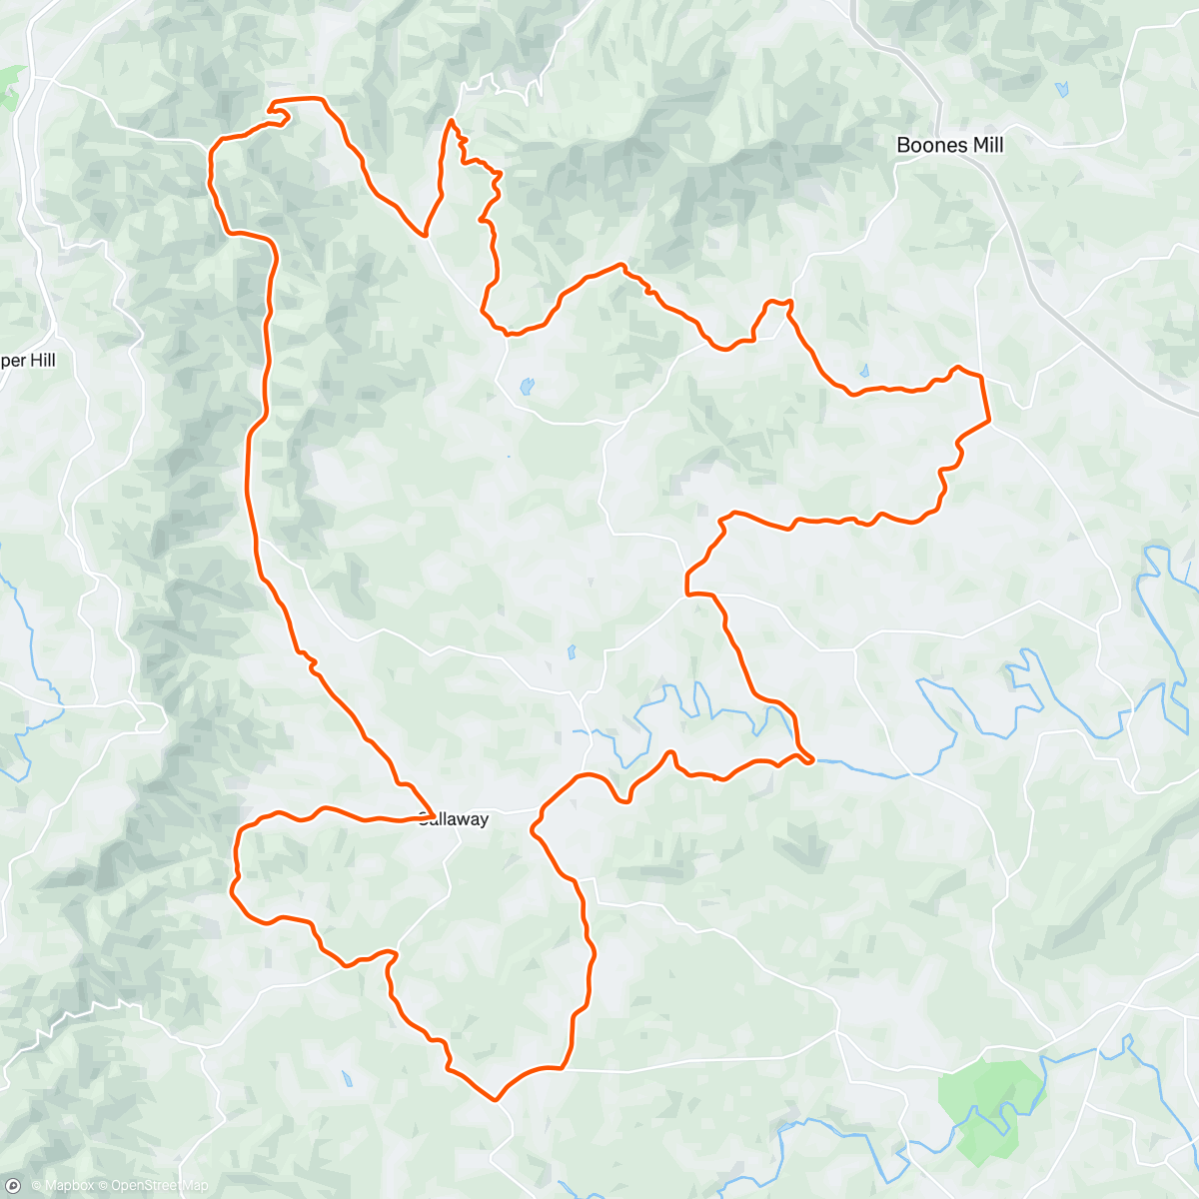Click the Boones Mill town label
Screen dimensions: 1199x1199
pos(949,145)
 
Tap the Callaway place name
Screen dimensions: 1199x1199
pos(455,820)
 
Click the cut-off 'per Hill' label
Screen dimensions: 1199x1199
pos(28,361)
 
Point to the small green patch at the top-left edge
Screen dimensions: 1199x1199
pos(12,86)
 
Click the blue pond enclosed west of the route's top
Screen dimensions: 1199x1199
pos(526,386)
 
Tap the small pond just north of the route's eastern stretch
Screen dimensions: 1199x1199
pos(864,371)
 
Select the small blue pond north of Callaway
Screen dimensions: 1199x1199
pos(571,652)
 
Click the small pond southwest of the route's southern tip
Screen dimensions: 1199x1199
pos(347,1079)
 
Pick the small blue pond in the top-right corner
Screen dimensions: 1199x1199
pos(1060,90)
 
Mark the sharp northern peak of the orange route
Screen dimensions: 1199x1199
pos(452,121)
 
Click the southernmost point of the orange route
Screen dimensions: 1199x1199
pos(496,1100)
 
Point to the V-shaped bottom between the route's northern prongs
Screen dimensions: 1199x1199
pos(426,235)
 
